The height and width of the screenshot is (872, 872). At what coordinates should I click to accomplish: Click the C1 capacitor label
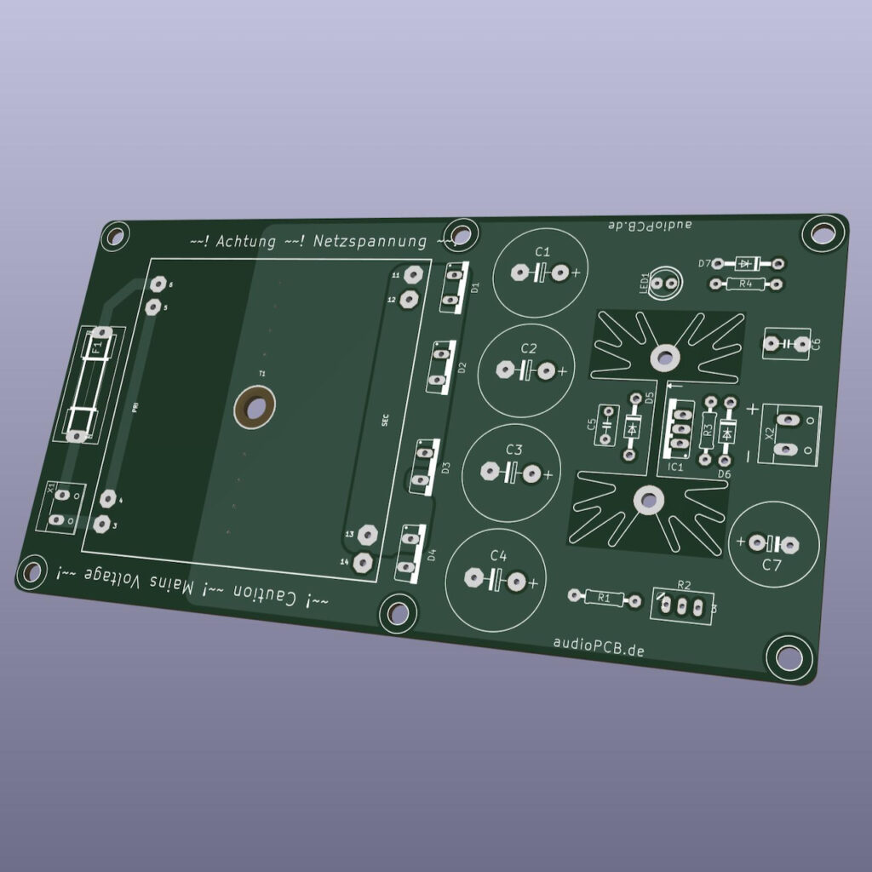(x=542, y=252)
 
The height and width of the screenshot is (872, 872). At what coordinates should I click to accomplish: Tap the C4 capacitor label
(x=498, y=556)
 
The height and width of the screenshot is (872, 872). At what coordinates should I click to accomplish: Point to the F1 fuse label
(x=96, y=347)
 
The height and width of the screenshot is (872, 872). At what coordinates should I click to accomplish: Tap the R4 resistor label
(x=746, y=284)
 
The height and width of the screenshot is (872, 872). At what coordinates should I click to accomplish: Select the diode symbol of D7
(x=748, y=263)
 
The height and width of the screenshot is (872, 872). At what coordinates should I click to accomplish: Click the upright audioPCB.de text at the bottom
(x=599, y=647)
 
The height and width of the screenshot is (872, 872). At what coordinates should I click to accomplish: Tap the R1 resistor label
(x=605, y=599)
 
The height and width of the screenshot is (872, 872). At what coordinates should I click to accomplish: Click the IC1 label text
(x=676, y=467)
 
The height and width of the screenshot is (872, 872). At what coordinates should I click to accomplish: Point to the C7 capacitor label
(x=772, y=565)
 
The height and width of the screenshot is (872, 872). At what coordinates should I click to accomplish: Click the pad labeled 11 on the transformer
(x=413, y=274)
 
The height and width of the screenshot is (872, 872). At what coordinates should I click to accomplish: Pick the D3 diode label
(x=444, y=467)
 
